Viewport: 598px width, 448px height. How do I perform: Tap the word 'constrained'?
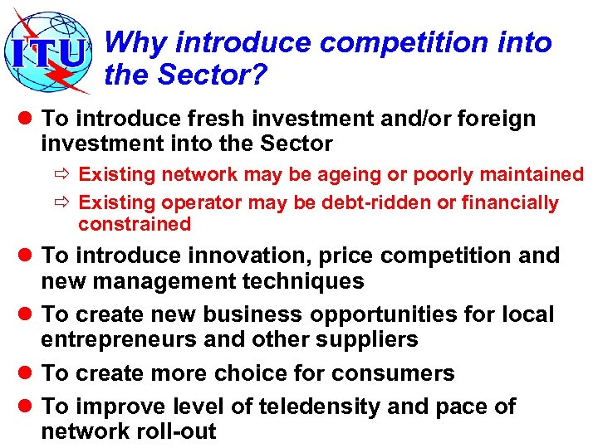(135, 224)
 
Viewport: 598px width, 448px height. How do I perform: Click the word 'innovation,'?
(243, 256)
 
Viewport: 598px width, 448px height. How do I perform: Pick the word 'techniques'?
(304, 281)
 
